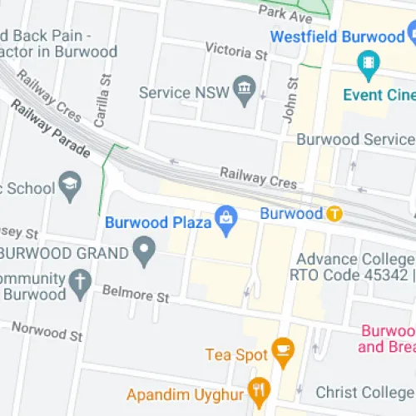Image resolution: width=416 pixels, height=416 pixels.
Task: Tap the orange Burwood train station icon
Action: (334, 214)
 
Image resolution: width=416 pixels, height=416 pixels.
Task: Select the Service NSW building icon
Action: (245, 93)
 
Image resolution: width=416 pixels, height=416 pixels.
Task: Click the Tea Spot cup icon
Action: (283, 354)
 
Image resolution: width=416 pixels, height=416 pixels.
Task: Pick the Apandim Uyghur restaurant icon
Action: (260, 389)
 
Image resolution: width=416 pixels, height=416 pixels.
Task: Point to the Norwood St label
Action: (47, 331)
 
